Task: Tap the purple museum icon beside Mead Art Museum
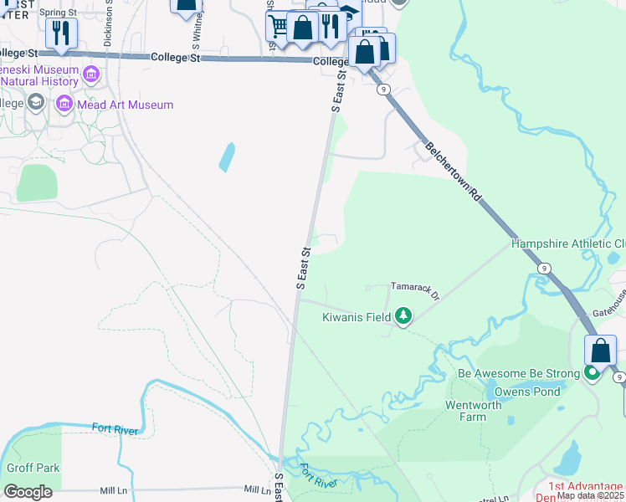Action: click(x=64, y=105)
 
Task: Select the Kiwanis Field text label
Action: click(x=358, y=317)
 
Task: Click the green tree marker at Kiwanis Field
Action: click(x=404, y=316)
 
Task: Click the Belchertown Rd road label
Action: click(x=454, y=171)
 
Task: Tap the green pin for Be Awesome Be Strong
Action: click(x=593, y=372)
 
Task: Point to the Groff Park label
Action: click(x=33, y=468)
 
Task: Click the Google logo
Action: click(x=28, y=491)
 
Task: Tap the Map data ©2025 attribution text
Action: click(x=590, y=495)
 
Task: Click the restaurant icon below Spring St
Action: click(x=61, y=33)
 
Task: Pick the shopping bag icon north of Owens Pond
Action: click(x=601, y=350)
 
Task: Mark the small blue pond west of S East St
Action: click(x=226, y=157)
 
